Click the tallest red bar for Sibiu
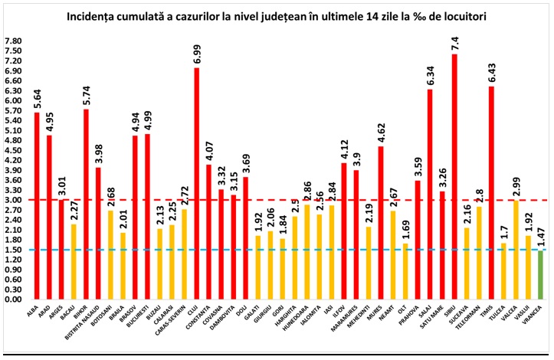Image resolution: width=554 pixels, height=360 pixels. [454, 176]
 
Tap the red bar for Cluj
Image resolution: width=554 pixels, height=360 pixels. [197, 184]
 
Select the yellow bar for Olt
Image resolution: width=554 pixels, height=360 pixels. [405, 271]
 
